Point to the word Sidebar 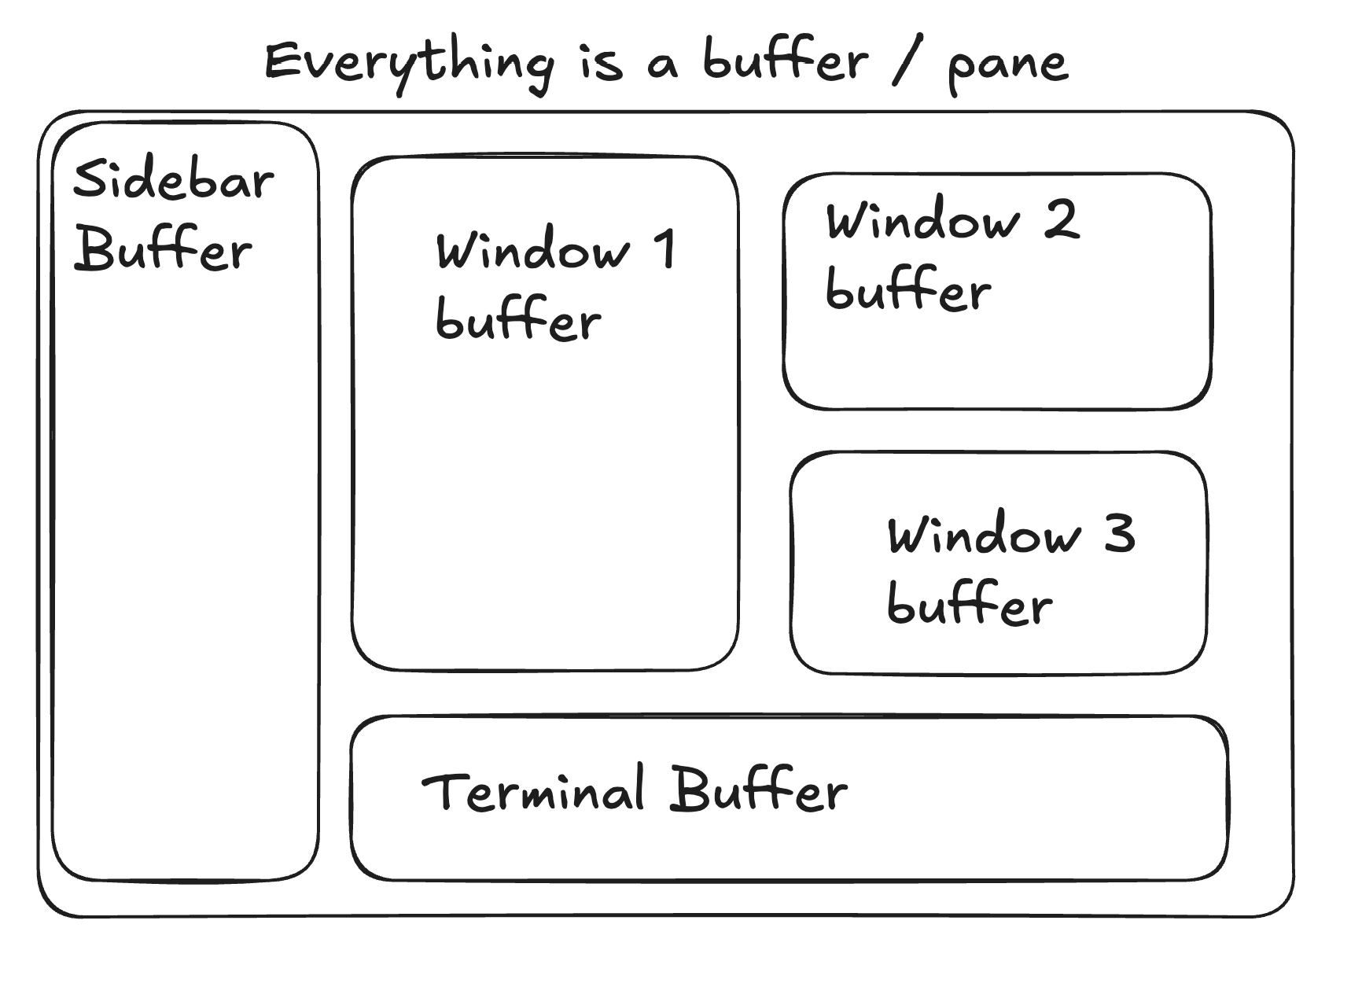click(173, 179)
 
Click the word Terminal click(533, 790)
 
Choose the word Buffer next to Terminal click(759, 789)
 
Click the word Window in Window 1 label click(533, 250)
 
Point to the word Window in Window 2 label click(922, 220)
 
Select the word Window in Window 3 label click(984, 536)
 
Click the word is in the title click(602, 63)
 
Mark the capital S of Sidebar click(90, 179)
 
